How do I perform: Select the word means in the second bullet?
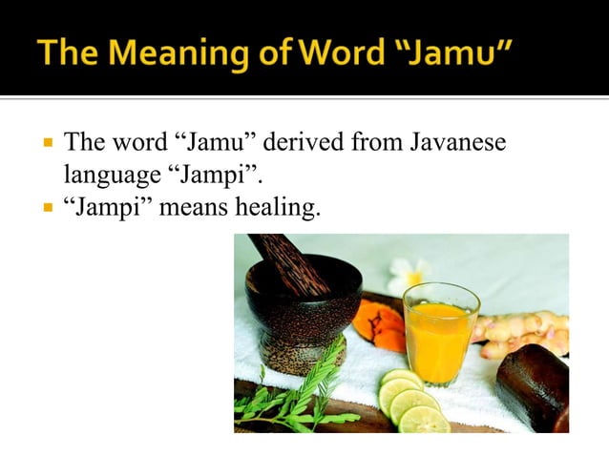pyautogui.click(x=188, y=207)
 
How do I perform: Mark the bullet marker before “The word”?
pyautogui.click(x=44, y=146)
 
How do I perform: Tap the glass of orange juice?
pyautogui.click(x=440, y=334)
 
